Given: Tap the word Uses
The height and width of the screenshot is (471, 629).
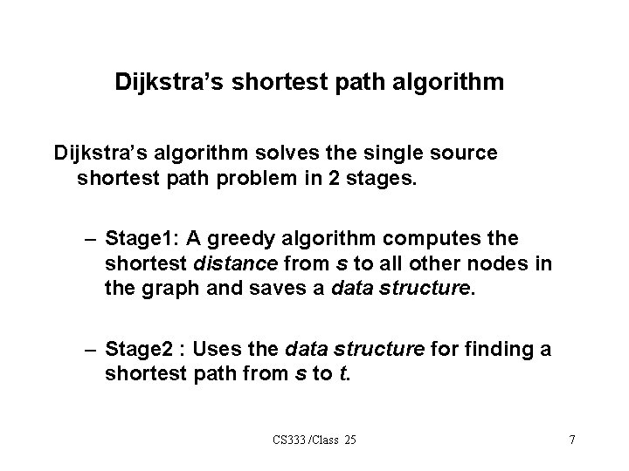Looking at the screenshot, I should [x=218, y=350].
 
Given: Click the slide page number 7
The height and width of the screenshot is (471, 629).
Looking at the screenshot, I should [x=571, y=440].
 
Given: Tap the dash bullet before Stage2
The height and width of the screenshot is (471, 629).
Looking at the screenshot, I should [x=91, y=350].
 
